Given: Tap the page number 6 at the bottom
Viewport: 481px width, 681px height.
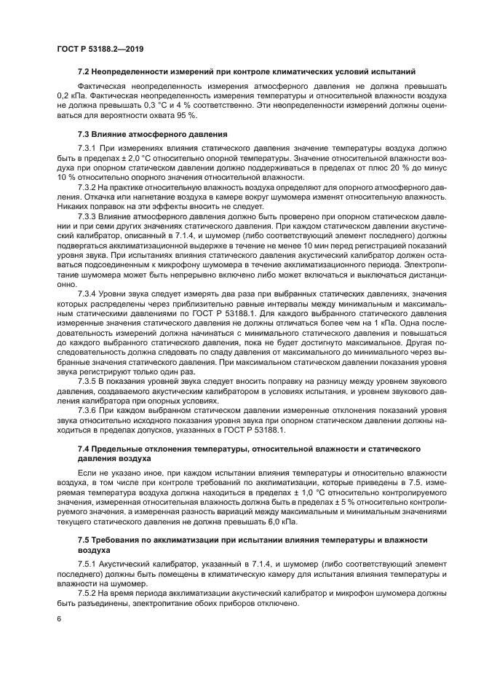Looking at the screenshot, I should (x=59, y=618).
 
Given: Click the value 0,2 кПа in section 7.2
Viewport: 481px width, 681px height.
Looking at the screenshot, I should (x=71, y=95).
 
